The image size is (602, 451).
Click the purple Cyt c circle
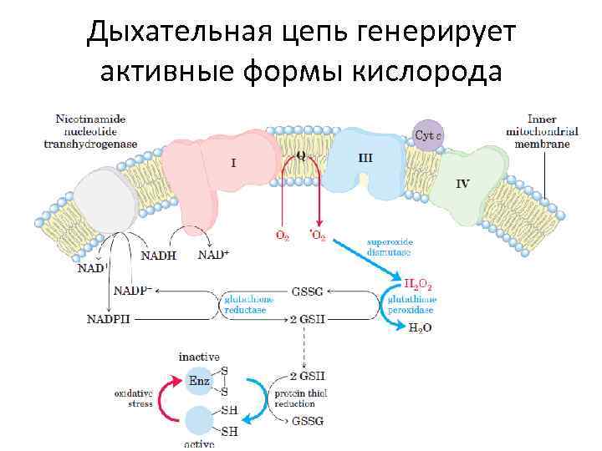click(428, 134)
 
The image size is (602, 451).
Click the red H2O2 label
click(418, 286)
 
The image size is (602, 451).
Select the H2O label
click(420, 328)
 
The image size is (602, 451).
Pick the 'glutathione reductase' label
click(244, 304)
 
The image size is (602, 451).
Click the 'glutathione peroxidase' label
click(411, 304)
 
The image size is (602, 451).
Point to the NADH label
click(159, 256)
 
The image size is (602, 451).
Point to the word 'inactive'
click(199, 357)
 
